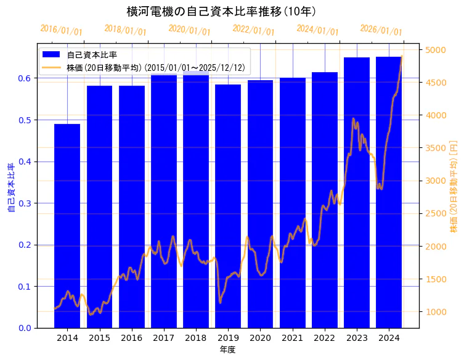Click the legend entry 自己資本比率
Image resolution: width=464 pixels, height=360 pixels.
pos(92,55)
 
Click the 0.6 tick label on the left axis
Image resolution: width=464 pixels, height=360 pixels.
pos(24,78)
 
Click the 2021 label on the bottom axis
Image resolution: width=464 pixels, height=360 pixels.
pos(293,338)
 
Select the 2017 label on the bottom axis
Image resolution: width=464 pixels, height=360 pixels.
pos(164,338)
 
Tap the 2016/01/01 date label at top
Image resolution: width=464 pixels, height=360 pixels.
pos(61,30)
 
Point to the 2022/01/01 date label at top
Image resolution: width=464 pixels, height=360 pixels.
pos(253,30)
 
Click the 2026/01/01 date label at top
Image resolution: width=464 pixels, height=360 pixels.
pos(381,30)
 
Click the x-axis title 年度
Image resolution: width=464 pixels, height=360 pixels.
pos(227,350)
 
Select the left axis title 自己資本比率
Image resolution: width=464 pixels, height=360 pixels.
pos(10,188)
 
